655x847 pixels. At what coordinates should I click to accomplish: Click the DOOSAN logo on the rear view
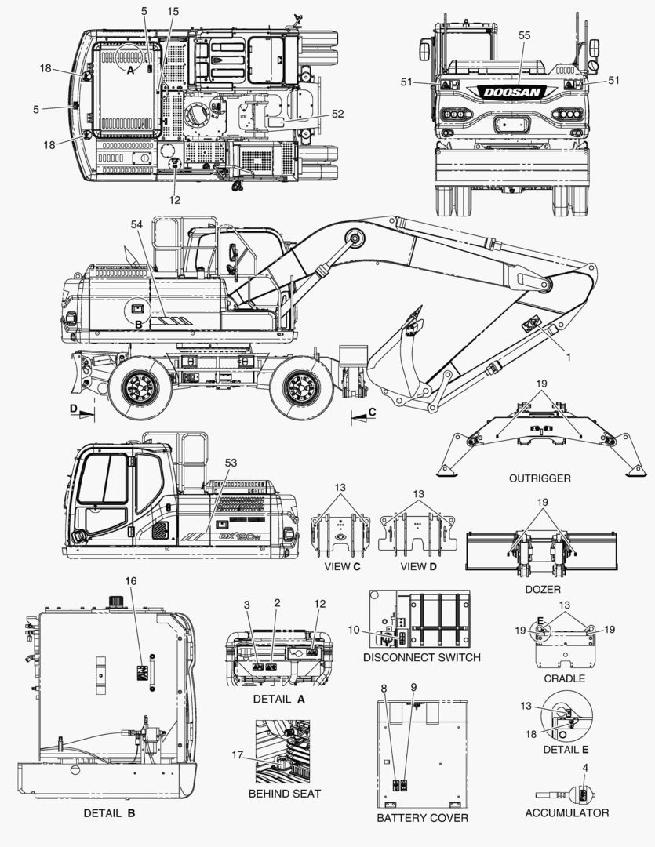pyautogui.click(x=511, y=93)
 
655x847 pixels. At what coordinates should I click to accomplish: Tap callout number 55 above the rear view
pyautogui.click(x=524, y=35)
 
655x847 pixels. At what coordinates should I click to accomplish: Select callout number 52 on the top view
pyautogui.click(x=337, y=114)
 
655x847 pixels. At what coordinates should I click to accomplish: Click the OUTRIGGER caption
pyautogui.click(x=540, y=478)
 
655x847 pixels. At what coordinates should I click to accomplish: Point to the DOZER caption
pyautogui.click(x=543, y=589)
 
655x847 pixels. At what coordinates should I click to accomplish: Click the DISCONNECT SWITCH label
pyautogui.click(x=421, y=657)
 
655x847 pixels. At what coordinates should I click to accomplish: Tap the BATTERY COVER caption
pyautogui.click(x=422, y=818)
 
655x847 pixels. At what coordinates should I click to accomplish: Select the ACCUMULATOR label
pyautogui.click(x=567, y=813)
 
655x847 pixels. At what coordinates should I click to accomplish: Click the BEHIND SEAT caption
pyautogui.click(x=284, y=794)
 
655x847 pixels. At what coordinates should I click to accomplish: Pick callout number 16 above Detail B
pyautogui.click(x=131, y=581)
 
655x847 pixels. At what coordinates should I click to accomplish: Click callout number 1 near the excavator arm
pyautogui.click(x=569, y=357)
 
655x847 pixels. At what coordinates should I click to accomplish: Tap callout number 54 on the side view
pyautogui.click(x=136, y=224)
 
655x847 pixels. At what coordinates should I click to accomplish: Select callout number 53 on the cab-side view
pyautogui.click(x=231, y=463)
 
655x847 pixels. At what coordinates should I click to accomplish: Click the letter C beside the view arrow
pyautogui.click(x=372, y=413)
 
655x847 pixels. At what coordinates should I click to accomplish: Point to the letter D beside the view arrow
pyautogui.click(x=74, y=409)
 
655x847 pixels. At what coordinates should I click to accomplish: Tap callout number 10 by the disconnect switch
pyautogui.click(x=354, y=630)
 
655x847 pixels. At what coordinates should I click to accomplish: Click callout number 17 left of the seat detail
pyautogui.click(x=238, y=754)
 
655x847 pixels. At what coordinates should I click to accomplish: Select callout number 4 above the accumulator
pyautogui.click(x=584, y=768)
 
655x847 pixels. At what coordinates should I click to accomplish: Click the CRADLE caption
pyautogui.click(x=564, y=678)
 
